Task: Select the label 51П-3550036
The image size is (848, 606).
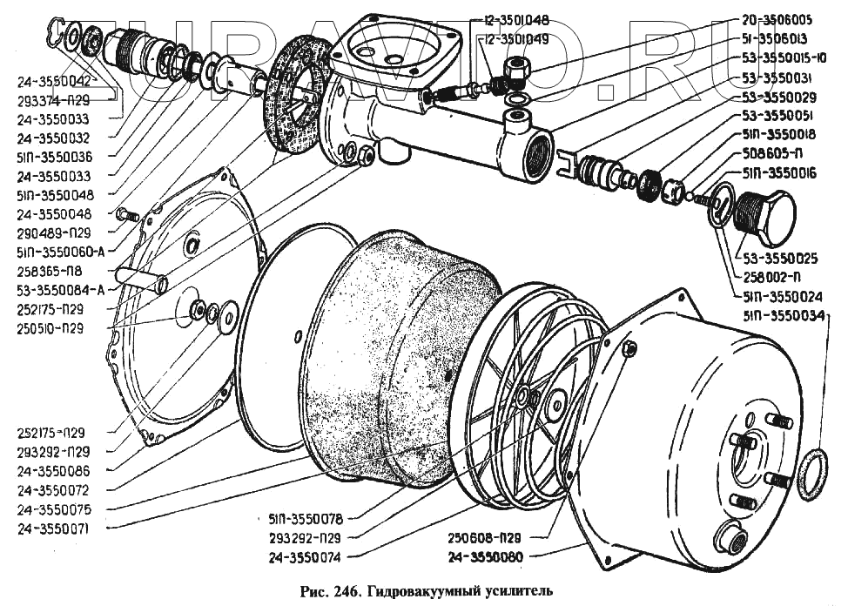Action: tap(54, 157)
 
